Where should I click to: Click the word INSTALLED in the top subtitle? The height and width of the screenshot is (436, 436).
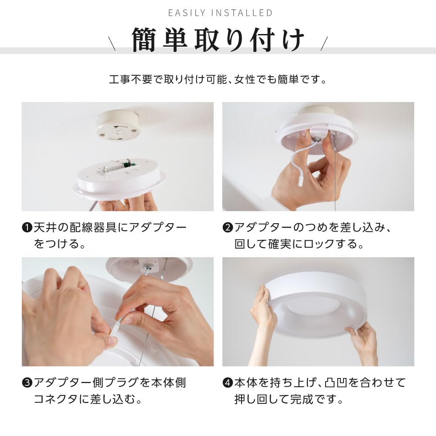242,13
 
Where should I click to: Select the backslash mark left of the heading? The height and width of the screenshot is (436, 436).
112,43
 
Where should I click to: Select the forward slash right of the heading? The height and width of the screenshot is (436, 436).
324,43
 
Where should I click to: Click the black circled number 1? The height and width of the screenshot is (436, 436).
27,228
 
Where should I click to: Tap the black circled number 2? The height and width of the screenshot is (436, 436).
228,228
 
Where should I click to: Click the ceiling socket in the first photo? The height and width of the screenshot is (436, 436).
117,125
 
